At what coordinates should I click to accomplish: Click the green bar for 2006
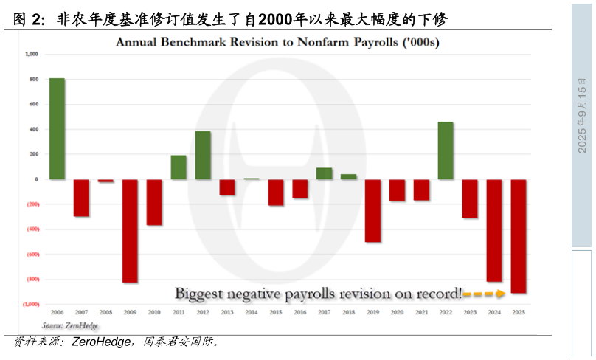point(57,128)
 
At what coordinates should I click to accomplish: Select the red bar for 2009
point(130,230)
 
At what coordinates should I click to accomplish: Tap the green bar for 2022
point(446,150)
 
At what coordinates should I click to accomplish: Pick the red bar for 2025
point(519,236)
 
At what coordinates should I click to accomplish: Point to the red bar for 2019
point(372,210)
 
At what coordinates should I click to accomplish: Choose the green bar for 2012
point(203,155)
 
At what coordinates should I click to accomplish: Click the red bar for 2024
point(494,230)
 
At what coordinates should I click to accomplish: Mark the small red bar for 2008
point(105,181)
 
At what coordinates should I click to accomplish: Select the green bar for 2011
point(179,167)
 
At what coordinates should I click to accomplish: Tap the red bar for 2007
point(81,198)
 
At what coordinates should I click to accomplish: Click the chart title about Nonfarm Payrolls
point(277,42)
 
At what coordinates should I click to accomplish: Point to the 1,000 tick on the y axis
point(31,54)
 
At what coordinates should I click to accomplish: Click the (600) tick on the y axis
point(30,255)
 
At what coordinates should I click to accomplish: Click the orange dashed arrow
point(484,294)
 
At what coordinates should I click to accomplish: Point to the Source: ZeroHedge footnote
point(69,325)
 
